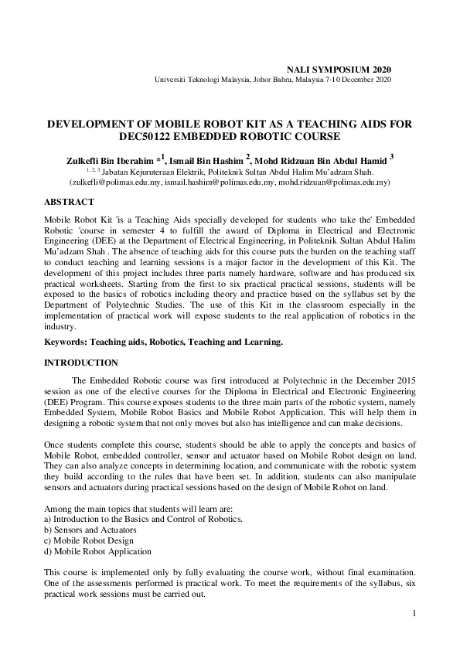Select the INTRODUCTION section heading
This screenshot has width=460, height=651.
[x=81, y=363]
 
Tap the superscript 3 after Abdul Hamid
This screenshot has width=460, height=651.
[x=392, y=156]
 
